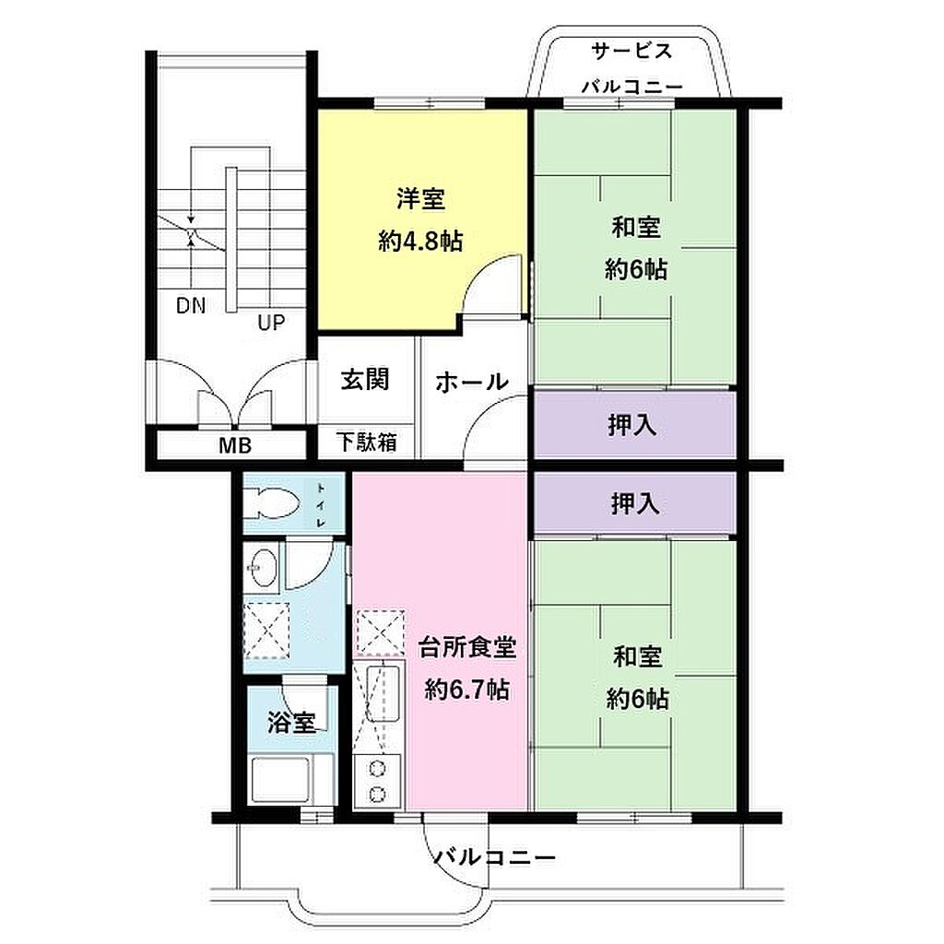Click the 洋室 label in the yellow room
click(x=420, y=199)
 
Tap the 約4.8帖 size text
click(x=420, y=242)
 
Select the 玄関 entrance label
click(x=365, y=380)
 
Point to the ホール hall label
click(x=472, y=382)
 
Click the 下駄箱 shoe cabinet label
click(x=367, y=442)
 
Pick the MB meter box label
click(x=235, y=446)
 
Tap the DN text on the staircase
click(x=191, y=306)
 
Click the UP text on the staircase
click(x=271, y=323)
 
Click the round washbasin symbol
click(x=263, y=567)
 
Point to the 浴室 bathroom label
click(x=292, y=723)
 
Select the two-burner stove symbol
click(x=377, y=781)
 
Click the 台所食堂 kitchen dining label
click(x=467, y=648)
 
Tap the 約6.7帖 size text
click(x=467, y=690)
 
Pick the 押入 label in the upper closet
click(x=632, y=425)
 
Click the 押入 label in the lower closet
click(x=635, y=503)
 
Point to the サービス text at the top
click(x=631, y=51)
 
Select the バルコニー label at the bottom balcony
click(x=495, y=856)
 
